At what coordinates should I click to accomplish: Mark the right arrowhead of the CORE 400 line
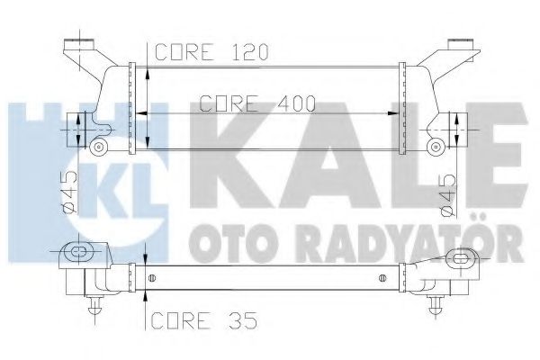396,113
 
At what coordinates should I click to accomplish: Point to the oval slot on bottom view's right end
463,257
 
